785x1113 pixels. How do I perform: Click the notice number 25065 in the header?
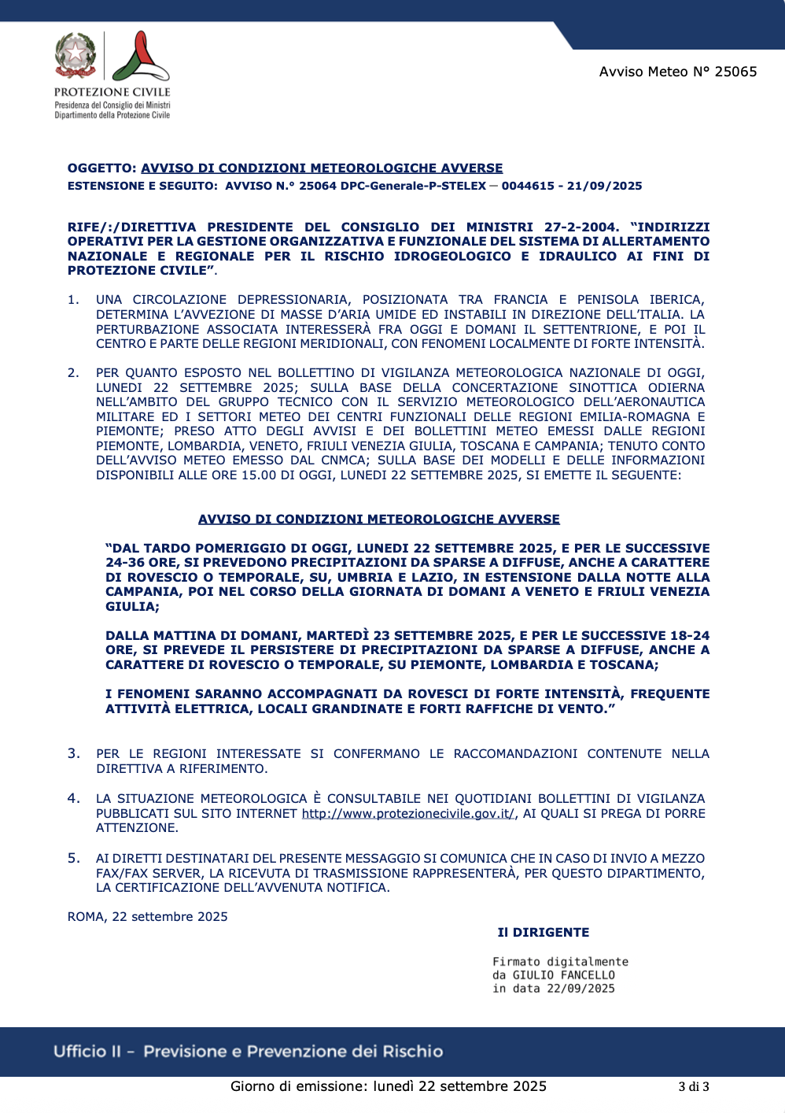click(735, 72)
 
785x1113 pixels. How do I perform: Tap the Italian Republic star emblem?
click(76, 55)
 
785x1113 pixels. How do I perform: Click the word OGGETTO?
click(101, 168)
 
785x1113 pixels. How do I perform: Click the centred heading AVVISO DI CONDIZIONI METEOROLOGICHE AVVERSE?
click(379, 520)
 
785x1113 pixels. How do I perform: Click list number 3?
click(74, 753)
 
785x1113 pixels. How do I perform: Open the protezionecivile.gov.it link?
click(408, 813)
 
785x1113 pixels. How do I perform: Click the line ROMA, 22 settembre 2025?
click(148, 916)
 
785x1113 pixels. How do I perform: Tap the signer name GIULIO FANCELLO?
click(563, 975)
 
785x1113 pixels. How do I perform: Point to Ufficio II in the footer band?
click(87, 1052)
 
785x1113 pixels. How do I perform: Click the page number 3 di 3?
click(694, 1087)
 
